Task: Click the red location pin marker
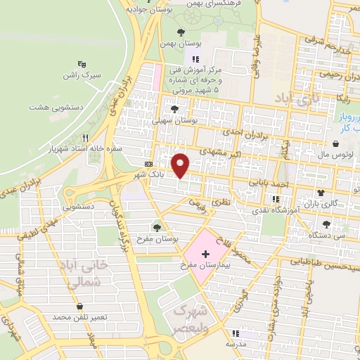181,165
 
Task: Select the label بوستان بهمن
176,44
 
